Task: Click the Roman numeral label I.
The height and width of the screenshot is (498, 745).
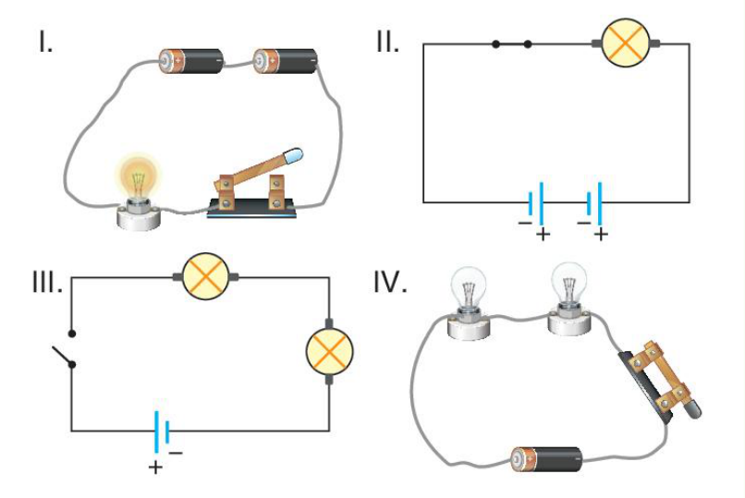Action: [x=45, y=42]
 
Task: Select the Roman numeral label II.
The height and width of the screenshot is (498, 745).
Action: [x=387, y=42]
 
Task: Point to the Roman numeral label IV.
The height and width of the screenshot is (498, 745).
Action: [x=390, y=282]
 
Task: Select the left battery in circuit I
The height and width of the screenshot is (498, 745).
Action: [x=191, y=60]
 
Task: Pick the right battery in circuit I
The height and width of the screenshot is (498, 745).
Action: [x=285, y=60]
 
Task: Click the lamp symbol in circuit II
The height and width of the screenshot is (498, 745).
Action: [x=625, y=43]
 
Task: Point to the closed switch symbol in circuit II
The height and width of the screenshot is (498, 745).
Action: [x=512, y=44]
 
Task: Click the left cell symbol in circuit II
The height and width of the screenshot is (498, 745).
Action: [x=536, y=204]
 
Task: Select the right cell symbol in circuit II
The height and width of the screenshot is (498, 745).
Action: [x=594, y=204]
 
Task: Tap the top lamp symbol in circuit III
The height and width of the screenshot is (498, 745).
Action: [x=206, y=277]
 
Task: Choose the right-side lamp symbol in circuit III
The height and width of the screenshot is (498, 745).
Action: [x=329, y=351]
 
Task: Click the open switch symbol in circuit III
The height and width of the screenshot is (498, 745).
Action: [x=66, y=349]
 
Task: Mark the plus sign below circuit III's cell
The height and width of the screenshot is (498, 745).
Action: [x=155, y=468]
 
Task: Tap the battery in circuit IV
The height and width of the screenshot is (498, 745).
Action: [x=546, y=459]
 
